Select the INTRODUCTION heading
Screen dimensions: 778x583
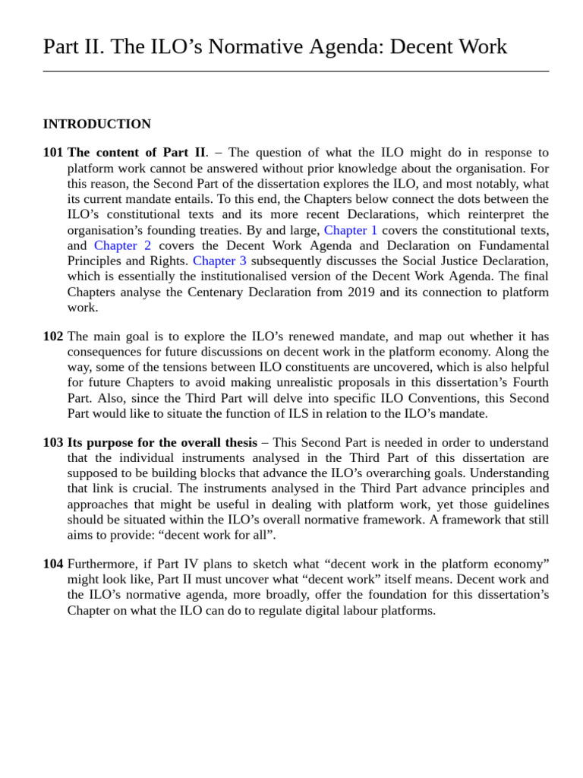point(96,124)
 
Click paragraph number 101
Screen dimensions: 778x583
point(53,153)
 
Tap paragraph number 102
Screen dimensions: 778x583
point(53,337)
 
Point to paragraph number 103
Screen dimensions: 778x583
point(53,443)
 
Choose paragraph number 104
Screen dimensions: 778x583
point(53,564)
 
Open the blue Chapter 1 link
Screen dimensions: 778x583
point(350,230)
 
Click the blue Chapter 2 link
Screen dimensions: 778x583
point(122,245)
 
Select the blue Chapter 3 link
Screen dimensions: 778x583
point(219,261)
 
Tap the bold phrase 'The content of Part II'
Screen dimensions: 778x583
point(136,153)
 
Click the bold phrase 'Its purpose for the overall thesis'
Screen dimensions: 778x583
point(162,443)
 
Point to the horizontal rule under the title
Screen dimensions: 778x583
point(295,71)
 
